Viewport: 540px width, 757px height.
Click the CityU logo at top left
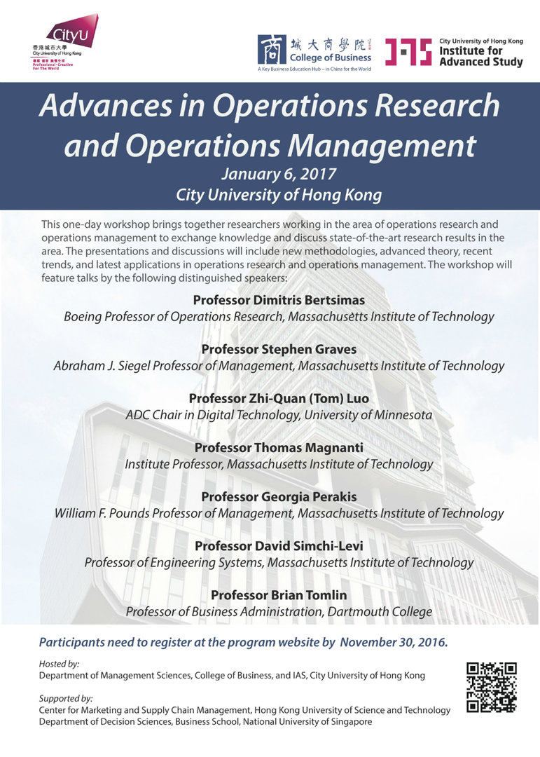[69, 42]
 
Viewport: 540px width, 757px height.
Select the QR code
[492, 688]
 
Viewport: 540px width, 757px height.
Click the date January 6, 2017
[279, 173]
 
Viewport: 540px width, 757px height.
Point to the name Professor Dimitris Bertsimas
[279, 300]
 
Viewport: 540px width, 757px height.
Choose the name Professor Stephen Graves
[279, 349]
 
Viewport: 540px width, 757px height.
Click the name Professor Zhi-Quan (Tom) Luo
[279, 398]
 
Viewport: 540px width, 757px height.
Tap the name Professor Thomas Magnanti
[279, 447]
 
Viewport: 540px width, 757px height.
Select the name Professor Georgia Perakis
[279, 496]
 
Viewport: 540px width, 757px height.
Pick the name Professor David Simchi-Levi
[279, 545]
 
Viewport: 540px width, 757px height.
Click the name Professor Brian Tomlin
[279, 595]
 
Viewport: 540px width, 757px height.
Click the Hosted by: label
[59, 663]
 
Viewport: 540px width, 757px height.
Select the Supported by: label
[65, 699]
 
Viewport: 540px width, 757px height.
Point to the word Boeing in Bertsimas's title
[83, 317]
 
